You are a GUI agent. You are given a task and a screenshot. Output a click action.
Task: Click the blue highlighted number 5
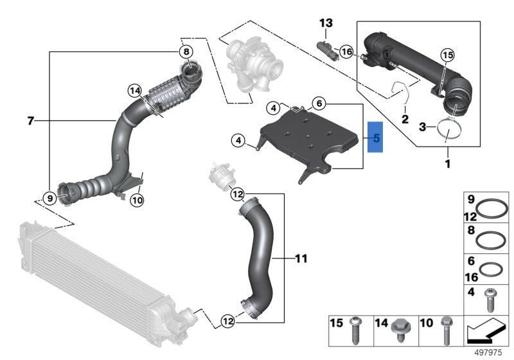click(x=375, y=137)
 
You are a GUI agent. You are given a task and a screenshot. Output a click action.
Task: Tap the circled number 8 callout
click(x=186, y=52)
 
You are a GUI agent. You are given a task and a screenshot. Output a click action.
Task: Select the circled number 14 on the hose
click(x=135, y=91)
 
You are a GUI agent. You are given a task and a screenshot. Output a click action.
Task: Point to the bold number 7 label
click(x=30, y=121)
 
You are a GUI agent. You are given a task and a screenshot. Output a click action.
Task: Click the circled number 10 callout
click(x=137, y=200)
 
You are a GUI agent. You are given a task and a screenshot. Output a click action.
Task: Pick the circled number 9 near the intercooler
click(x=50, y=199)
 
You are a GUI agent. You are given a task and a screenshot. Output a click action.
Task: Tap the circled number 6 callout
click(x=319, y=104)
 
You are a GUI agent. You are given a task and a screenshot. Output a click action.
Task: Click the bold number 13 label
click(x=326, y=23)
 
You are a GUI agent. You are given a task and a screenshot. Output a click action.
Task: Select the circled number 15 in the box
click(x=448, y=55)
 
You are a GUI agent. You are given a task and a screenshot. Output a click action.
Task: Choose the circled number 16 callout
click(x=346, y=51)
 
